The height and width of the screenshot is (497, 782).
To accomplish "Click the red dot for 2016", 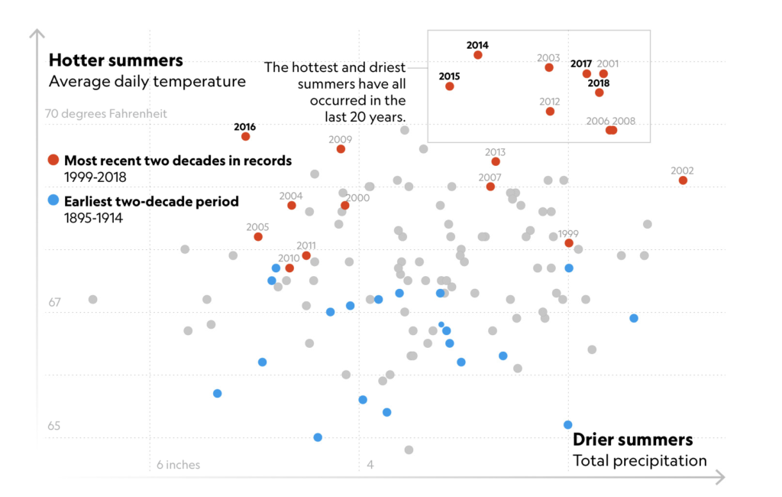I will (246, 136).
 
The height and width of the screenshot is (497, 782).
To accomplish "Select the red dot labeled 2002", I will (683, 180).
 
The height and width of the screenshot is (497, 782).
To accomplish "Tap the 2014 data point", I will (478, 55).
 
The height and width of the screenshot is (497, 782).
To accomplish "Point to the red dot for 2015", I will (450, 86).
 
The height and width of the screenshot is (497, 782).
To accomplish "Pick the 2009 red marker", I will (341, 149).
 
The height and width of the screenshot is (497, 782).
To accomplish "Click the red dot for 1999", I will (569, 243).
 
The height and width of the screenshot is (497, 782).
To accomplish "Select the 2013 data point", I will (496, 161).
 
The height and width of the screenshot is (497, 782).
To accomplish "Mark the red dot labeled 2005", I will (258, 237).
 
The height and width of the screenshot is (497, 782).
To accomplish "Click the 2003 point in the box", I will (549, 67).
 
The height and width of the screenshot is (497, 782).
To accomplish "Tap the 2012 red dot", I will (550, 112).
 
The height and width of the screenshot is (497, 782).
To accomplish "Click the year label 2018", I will (599, 83).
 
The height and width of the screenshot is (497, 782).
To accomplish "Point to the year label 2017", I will (581, 64).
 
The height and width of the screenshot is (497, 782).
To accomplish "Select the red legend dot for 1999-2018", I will (53, 161).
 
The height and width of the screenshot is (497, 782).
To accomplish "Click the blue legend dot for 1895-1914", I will (53, 201).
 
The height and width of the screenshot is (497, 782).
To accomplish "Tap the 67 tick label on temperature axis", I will (54, 303).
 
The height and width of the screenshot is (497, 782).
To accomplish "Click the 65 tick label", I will (54, 426).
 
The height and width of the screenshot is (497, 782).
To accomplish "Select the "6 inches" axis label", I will (179, 465).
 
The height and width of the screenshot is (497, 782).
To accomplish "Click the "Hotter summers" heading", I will (116, 60).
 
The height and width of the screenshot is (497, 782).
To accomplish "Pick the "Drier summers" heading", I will (633, 440).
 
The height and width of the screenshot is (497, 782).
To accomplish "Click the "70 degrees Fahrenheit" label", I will (106, 114).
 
